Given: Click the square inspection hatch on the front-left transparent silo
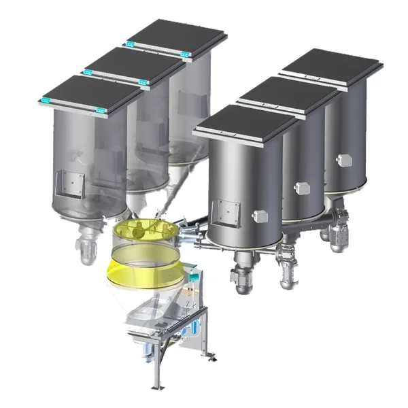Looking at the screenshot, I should tap(70, 182).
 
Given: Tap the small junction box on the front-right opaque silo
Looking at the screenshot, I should tap(260, 216).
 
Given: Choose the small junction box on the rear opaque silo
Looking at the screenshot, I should tap(344, 160).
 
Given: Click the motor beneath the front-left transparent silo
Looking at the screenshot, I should tap(86, 250).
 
